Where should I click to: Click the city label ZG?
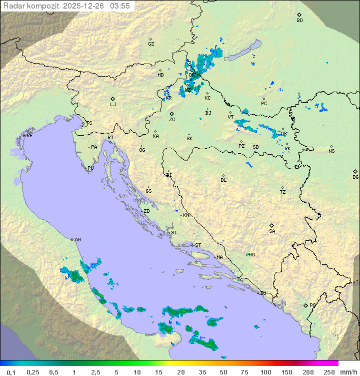click(172, 120)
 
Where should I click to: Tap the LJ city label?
click(113, 105)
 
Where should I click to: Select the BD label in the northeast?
click(299, 21)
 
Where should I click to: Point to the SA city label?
click(272, 231)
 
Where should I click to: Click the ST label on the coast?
click(198, 245)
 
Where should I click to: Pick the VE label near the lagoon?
click(29, 136)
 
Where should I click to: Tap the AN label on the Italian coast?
click(77, 240)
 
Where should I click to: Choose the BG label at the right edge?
click(355, 177)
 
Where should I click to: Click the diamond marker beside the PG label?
click(305, 305)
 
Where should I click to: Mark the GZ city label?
click(151, 44)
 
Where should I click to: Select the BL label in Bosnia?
click(223, 180)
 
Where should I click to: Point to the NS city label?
click(331, 151)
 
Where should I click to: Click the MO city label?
click(251, 255)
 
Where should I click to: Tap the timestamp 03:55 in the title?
click(120, 6)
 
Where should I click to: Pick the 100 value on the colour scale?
click(265, 372)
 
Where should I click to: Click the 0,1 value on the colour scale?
click(11, 372)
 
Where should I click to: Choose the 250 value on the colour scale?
click(329, 372)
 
